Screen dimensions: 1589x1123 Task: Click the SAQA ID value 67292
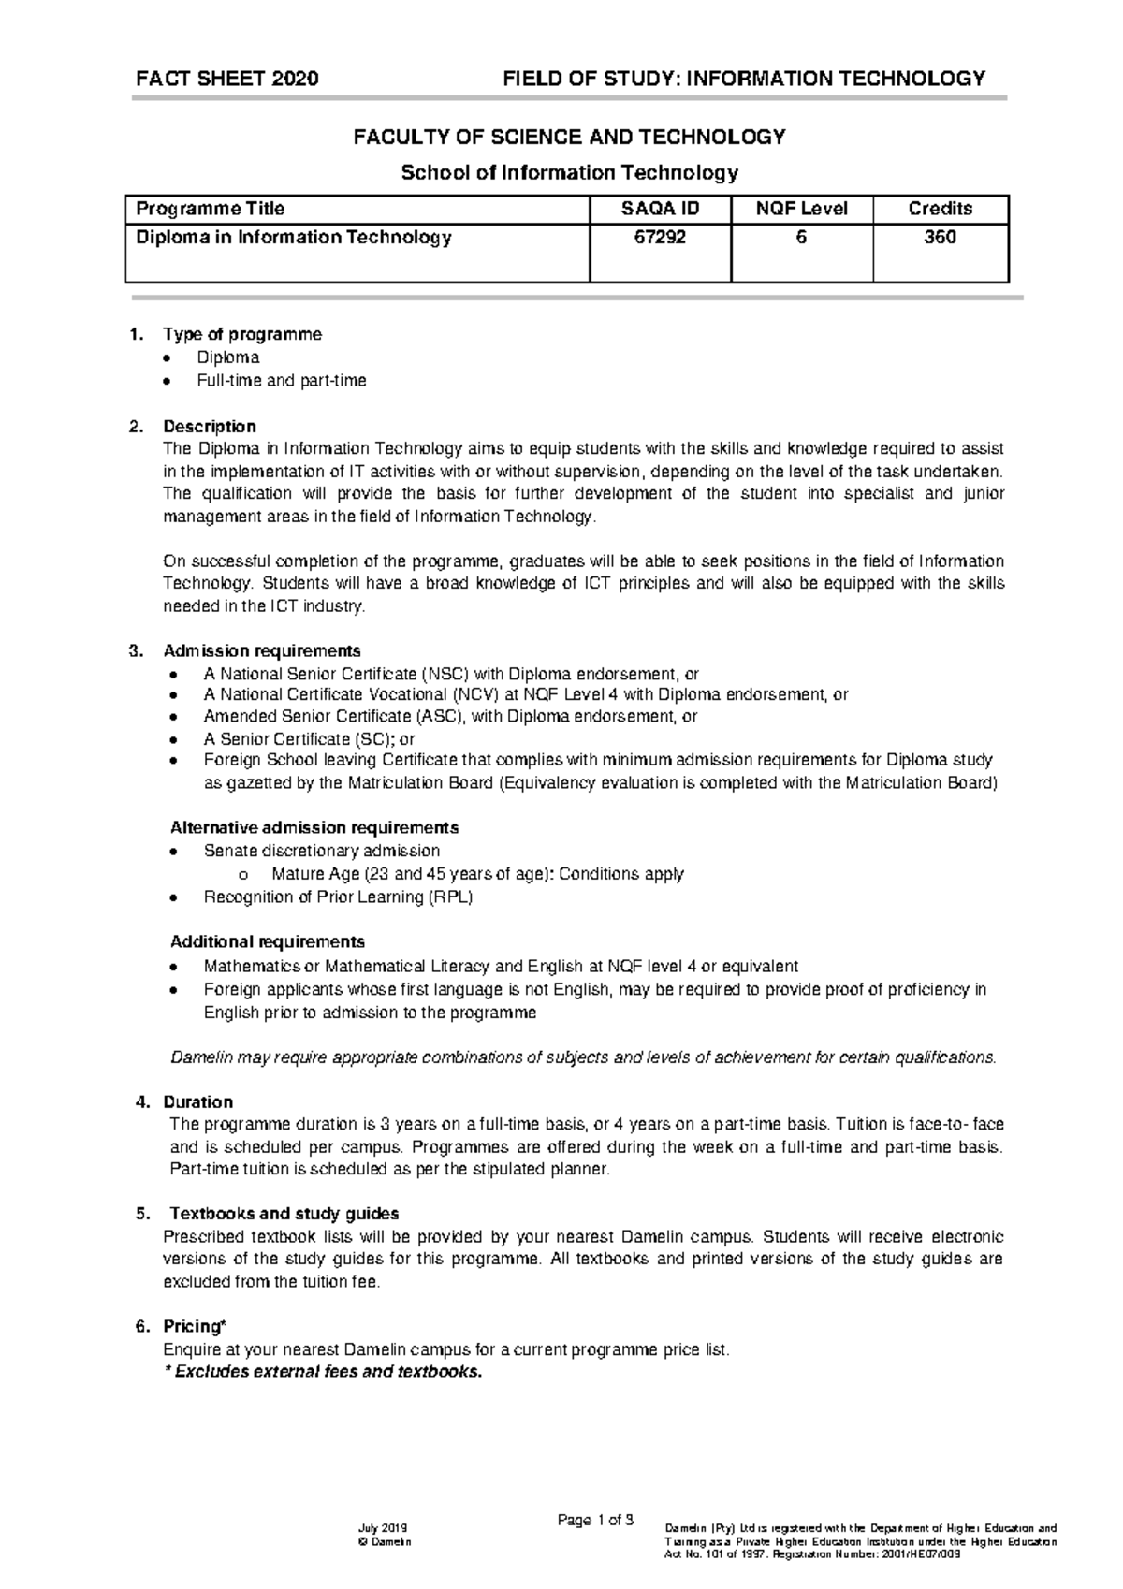[x=660, y=238]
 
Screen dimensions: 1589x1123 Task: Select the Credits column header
[x=940, y=209]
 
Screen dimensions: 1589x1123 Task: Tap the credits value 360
[x=940, y=238]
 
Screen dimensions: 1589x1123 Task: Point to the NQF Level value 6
[x=801, y=238]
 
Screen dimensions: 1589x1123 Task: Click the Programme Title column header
[x=211, y=209]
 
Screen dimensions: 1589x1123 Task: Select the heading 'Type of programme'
[x=241, y=334]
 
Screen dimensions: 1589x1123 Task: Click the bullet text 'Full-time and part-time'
[x=281, y=381]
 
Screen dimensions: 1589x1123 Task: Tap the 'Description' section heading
[x=209, y=427]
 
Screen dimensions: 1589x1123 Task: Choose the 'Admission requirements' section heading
[x=261, y=650]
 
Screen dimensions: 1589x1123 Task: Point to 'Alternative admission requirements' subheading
[x=314, y=828]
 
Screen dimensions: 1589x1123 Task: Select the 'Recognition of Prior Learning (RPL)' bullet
[x=338, y=897]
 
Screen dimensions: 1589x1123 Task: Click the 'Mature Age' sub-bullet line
[x=477, y=874]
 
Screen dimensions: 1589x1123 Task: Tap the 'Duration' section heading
[x=197, y=1101]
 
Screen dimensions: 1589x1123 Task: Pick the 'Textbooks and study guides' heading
[x=281, y=1214]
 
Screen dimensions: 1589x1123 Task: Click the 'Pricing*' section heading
[x=194, y=1326]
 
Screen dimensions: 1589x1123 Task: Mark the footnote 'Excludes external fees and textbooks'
[x=323, y=1373]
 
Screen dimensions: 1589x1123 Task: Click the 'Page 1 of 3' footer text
[x=595, y=1520]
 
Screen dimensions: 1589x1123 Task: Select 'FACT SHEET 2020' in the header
[x=226, y=79]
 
